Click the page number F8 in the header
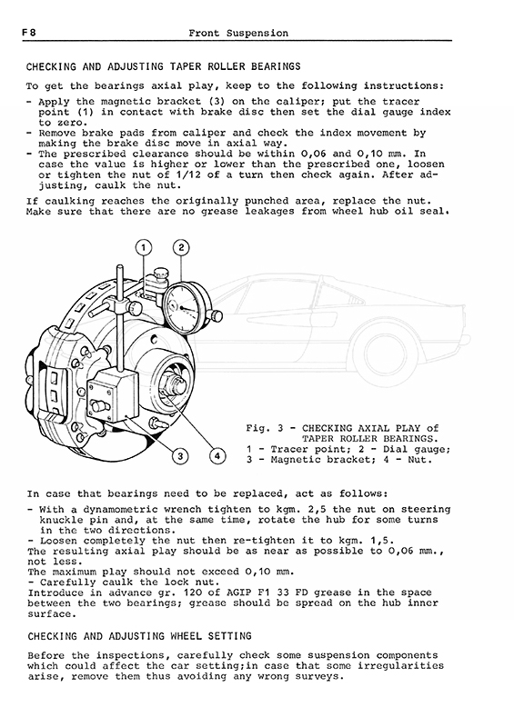point(29,33)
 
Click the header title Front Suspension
point(238,33)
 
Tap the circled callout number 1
point(144,248)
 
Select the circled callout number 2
point(181,247)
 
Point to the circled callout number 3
point(180,456)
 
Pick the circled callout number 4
point(217,456)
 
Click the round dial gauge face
point(186,307)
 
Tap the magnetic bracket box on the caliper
point(113,395)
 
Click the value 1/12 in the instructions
point(188,174)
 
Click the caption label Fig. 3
point(265,428)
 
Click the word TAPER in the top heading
point(186,66)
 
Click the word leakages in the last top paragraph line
point(270,212)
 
